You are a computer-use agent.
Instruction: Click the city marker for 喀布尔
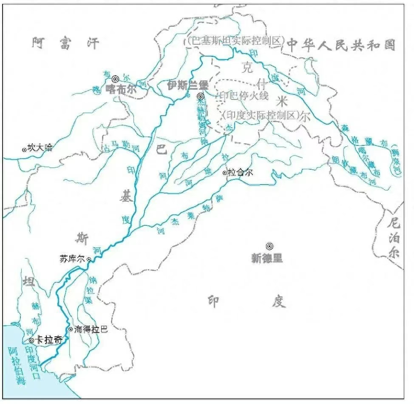[x=115, y=79]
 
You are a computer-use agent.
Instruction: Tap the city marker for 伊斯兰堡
[x=200, y=97]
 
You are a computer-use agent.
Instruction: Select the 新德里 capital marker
[x=269, y=246]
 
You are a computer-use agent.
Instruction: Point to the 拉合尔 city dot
[x=225, y=173]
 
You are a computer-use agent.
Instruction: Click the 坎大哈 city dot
[x=24, y=149]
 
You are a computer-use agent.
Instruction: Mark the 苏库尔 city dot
[x=89, y=259]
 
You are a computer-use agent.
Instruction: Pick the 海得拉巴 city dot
[x=71, y=329]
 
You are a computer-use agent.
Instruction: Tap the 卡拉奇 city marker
[x=31, y=340]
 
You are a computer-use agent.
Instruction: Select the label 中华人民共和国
[x=341, y=45]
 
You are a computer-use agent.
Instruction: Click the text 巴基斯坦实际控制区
[x=235, y=41]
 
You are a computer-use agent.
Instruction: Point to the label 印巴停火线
[x=244, y=96]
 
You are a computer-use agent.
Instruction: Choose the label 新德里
[x=267, y=258]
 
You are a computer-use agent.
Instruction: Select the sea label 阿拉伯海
[x=19, y=366]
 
